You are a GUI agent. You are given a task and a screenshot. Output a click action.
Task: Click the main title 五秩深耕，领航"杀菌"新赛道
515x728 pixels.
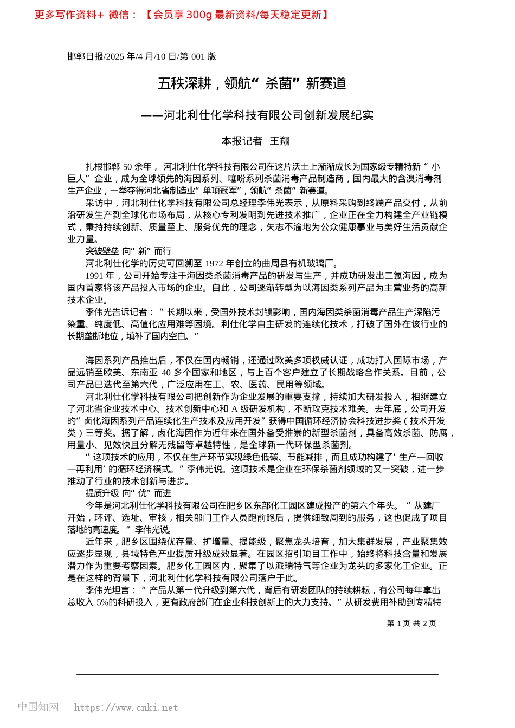pyautogui.click(x=252, y=83)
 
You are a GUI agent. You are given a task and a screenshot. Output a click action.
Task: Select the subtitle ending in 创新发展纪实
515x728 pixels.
pyautogui.click(x=257, y=115)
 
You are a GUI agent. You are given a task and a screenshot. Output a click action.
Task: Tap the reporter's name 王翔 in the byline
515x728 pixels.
pyautogui.click(x=280, y=141)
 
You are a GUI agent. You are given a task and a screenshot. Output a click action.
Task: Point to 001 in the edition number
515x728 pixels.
pyautogui.click(x=198, y=56)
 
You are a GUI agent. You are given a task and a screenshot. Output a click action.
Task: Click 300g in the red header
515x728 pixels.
pyautogui.click(x=198, y=15)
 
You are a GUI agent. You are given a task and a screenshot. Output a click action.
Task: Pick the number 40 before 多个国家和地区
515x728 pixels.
pyautogui.click(x=166, y=373)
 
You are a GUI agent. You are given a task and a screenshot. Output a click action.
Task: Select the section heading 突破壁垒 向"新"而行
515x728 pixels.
pyautogui.click(x=128, y=251)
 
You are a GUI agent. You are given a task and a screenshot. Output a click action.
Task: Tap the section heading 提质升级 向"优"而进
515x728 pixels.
pyautogui.click(x=128, y=493)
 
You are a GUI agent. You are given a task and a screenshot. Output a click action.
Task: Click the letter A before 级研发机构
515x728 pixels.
pyautogui.click(x=235, y=409)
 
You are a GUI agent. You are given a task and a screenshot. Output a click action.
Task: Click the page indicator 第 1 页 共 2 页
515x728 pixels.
pyautogui.click(x=411, y=623)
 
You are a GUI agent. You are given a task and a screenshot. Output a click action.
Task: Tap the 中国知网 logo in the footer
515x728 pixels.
pyautogui.click(x=38, y=707)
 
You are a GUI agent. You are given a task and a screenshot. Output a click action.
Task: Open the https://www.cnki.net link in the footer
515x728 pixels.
pyautogui.click(x=126, y=707)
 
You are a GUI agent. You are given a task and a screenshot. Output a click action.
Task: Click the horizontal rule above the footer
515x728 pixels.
pyautogui.click(x=257, y=674)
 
